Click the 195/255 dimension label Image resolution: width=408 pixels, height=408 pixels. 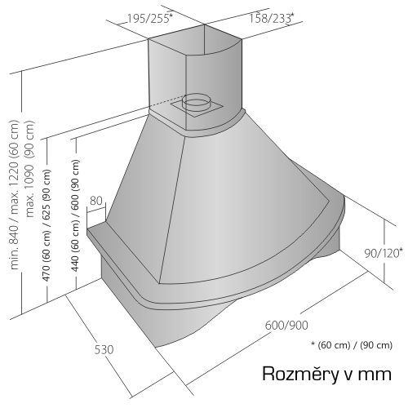[x=150, y=19]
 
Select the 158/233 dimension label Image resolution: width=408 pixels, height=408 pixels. [x=272, y=18]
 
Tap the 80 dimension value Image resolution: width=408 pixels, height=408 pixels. [x=95, y=201]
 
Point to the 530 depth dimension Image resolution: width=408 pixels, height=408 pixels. [x=104, y=349]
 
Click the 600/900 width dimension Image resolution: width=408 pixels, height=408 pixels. [x=286, y=326]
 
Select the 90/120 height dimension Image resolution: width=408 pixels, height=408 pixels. [x=384, y=253]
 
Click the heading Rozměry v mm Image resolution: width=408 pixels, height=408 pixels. [x=326, y=374]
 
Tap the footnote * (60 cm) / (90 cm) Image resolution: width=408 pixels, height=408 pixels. [x=352, y=345]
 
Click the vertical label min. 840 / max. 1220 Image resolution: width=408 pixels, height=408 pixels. [x=15, y=195]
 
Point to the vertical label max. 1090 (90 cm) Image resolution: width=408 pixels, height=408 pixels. [x=29, y=169]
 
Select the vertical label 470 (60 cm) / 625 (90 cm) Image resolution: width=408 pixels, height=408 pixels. [x=47, y=225]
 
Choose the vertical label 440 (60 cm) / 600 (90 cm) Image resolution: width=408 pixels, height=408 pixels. [x=75, y=215]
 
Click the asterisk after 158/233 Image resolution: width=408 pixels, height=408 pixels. [x=292, y=15]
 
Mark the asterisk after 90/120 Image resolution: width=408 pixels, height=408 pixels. [x=401, y=250]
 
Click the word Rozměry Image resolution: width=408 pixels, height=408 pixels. [x=299, y=374]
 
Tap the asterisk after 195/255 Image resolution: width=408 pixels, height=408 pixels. [x=171, y=16]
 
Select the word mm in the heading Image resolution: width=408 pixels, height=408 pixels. [x=375, y=375]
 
